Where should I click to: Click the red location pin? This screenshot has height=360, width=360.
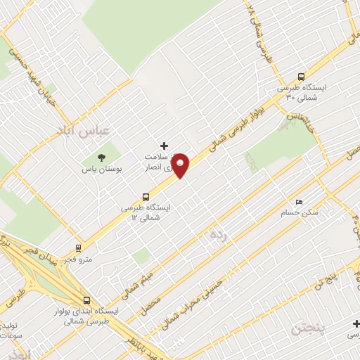click(181, 165)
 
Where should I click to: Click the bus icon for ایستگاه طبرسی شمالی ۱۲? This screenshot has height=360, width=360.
click(146, 197)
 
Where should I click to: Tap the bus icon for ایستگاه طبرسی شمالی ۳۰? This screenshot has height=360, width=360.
click(301, 77)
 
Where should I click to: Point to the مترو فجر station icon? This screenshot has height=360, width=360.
click(78, 248)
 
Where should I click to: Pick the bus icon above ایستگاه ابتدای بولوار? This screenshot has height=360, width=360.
click(86, 300)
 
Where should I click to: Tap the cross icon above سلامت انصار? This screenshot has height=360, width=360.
click(165, 145)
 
